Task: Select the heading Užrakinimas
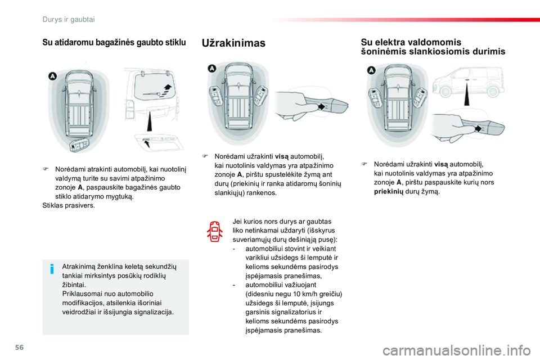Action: coord(233,43)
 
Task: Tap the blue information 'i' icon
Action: coord(52,269)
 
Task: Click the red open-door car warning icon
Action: coord(215,231)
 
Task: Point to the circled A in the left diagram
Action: coord(52,75)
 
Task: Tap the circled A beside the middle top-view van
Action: coord(212,69)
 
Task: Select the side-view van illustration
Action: coord(467,82)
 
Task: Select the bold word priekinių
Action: coord(389,192)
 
